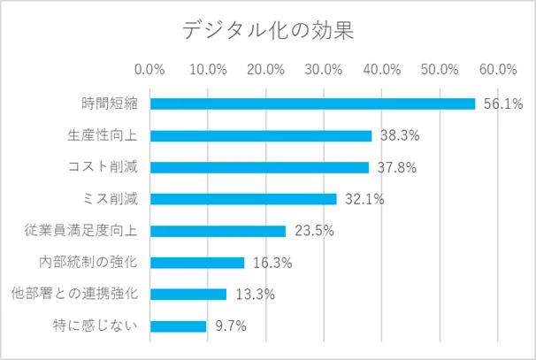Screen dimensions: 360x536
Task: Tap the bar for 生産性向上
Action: (x=261, y=135)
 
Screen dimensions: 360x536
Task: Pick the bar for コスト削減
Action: (x=259, y=167)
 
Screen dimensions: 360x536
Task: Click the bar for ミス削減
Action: (x=243, y=199)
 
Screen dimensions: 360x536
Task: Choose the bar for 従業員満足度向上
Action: (x=218, y=231)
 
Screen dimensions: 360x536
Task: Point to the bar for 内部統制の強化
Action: (x=197, y=263)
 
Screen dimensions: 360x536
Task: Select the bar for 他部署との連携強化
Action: (x=188, y=294)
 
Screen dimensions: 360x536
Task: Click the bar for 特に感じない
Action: (x=178, y=326)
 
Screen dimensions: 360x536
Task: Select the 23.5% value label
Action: (x=314, y=232)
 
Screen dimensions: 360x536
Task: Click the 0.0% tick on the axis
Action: (x=150, y=69)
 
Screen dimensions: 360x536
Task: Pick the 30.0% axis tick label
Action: (x=325, y=69)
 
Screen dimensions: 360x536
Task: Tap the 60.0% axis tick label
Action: (x=498, y=69)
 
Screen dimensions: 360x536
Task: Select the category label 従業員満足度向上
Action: (x=85, y=231)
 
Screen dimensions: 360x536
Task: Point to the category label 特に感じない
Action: (x=98, y=326)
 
